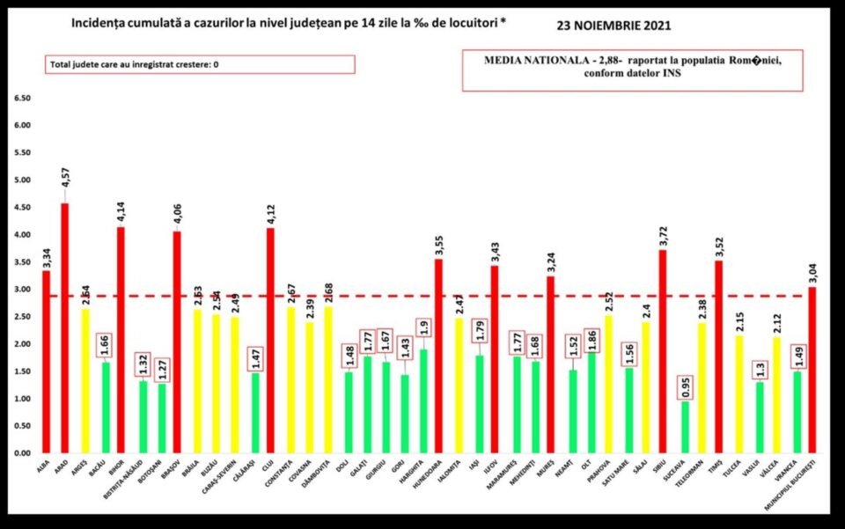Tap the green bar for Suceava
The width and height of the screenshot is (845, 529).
(x=685, y=427)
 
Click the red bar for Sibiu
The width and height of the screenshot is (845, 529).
(x=662, y=351)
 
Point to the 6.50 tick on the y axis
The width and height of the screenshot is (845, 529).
(x=22, y=99)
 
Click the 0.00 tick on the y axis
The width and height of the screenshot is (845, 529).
(x=22, y=453)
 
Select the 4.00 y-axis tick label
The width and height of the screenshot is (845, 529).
(x=22, y=235)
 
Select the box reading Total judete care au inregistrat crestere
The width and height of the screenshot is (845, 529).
(x=200, y=64)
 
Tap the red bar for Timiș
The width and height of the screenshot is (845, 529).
(x=718, y=356)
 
